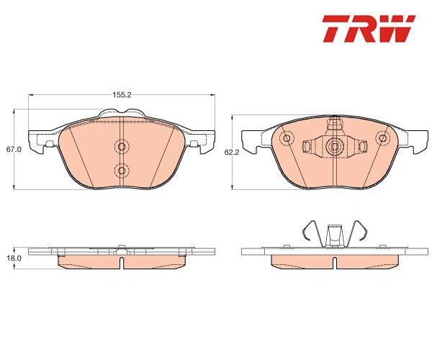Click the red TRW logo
pyautogui.click(x=369, y=29)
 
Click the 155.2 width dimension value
pyautogui.click(x=122, y=95)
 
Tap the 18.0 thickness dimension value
pyautogui.click(x=11, y=258)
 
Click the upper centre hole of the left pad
pyautogui.click(x=122, y=147)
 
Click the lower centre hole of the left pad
pyautogui.click(x=122, y=171)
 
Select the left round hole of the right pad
pyautogui.click(x=287, y=138)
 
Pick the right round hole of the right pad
pyautogui.click(x=382, y=138)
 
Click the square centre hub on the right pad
pyautogui.click(x=335, y=147)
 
